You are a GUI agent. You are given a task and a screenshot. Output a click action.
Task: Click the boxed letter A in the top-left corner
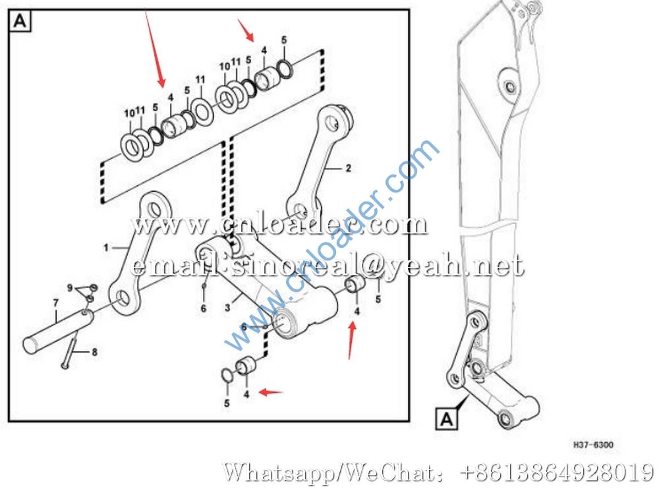(x=20, y=21)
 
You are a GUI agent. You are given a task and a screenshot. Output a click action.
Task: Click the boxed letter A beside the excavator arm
(x=446, y=418)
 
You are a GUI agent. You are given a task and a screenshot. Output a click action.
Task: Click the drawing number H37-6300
(x=593, y=444)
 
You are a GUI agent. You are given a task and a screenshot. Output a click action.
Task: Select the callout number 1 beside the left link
(x=106, y=248)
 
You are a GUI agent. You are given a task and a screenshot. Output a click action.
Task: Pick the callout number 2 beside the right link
(x=348, y=168)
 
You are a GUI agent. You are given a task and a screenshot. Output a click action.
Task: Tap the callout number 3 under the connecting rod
(x=227, y=307)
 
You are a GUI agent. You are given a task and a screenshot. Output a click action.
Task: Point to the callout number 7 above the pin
(x=55, y=302)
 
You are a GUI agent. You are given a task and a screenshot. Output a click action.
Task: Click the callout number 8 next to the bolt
(x=94, y=352)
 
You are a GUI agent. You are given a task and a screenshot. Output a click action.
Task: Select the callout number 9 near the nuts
(x=71, y=288)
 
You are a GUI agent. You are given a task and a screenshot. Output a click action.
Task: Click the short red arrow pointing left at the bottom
(x=271, y=392)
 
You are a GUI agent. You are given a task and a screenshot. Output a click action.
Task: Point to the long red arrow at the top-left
(x=155, y=49)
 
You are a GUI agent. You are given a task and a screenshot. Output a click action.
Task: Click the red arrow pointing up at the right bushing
(x=351, y=341)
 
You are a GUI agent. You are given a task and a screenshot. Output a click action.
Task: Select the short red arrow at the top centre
(x=246, y=30)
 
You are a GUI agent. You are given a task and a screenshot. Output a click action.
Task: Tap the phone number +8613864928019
(x=558, y=472)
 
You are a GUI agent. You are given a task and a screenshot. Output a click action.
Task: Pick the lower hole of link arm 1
(x=122, y=297)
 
